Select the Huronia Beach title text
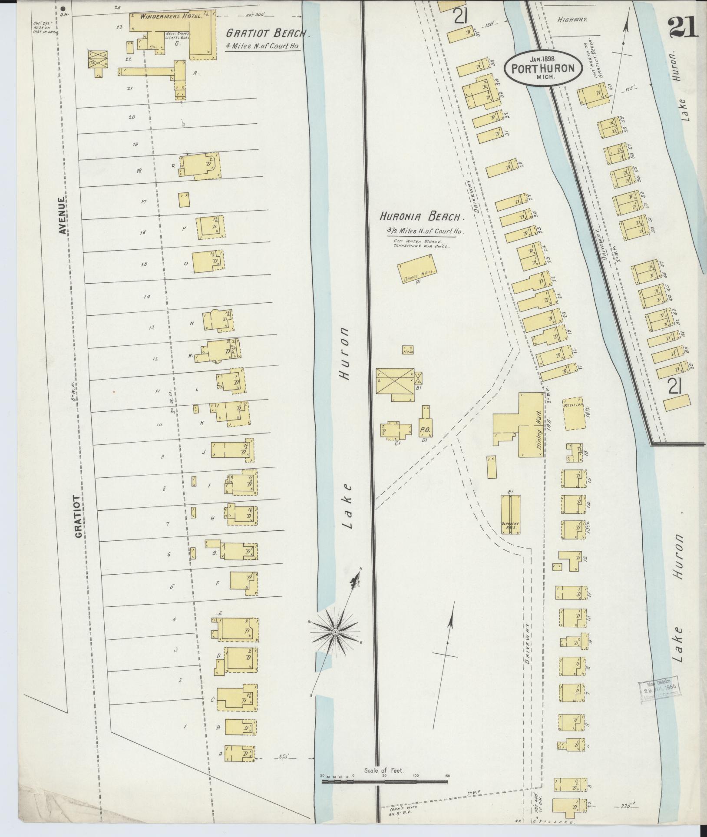[x=422, y=216]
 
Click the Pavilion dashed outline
[x=575, y=413]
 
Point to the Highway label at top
[x=572, y=20]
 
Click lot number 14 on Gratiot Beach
[x=147, y=297]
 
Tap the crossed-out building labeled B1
[x=395, y=380]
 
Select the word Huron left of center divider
[x=345, y=354]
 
